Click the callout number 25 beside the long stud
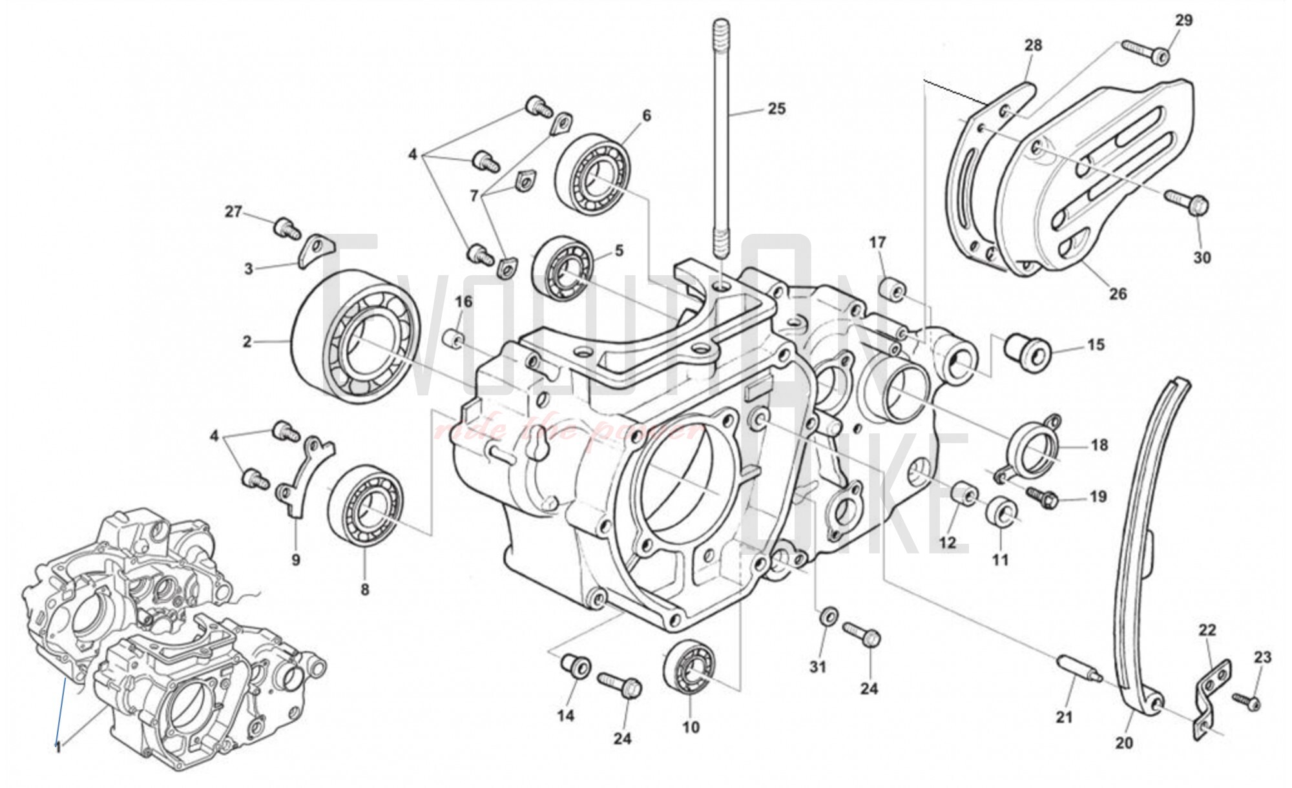click(x=776, y=109)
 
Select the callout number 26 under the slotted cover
click(x=1118, y=294)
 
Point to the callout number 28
click(x=1033, y=45)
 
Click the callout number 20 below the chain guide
click(x=1124, y=743)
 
